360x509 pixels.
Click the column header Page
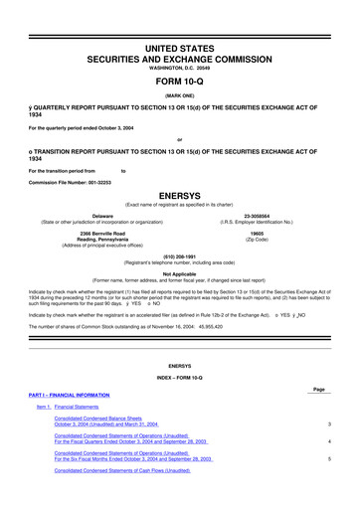click(x=318, y=387)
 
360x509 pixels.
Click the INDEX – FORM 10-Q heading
click(x=180, y=375)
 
